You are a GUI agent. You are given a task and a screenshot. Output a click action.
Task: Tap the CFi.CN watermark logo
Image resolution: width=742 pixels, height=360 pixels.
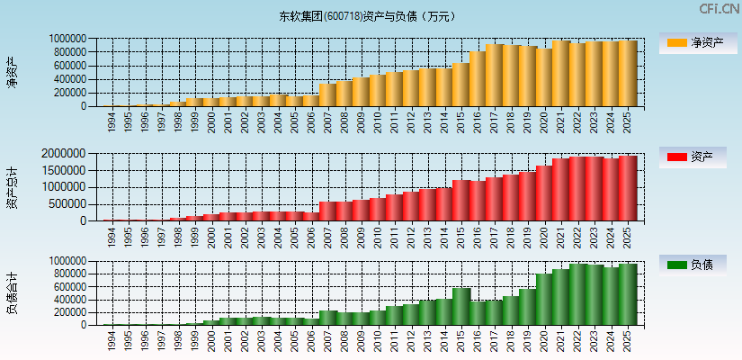coord(719,9)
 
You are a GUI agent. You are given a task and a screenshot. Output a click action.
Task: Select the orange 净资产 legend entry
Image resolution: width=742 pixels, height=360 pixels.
coord(697,42)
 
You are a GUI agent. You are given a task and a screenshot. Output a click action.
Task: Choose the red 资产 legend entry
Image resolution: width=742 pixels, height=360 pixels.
coord(697,157)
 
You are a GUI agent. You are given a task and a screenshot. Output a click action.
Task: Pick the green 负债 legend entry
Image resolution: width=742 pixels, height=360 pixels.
coord(697,265)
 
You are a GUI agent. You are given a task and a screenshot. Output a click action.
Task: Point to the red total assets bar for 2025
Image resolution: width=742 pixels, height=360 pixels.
coord(627,188)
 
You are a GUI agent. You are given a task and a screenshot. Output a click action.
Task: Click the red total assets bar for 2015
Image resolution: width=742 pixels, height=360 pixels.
coord(460,200)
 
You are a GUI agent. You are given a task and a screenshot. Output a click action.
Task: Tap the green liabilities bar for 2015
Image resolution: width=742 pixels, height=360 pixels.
coord(460,306)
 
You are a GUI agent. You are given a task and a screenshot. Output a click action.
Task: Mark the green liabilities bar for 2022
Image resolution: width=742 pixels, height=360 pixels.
coord(577,294)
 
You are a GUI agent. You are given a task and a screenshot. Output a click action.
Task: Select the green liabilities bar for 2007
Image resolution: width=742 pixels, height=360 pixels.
coord(327,318)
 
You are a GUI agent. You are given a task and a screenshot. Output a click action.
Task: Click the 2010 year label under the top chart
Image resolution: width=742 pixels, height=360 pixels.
coord(378,121)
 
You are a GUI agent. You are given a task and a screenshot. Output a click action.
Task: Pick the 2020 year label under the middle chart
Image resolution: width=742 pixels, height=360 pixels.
coord(544,236)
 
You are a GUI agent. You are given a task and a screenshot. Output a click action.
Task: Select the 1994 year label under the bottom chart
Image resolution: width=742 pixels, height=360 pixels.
coord(112,339)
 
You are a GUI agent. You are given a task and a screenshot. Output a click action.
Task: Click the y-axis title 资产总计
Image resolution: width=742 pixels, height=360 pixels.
coord(13,187)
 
